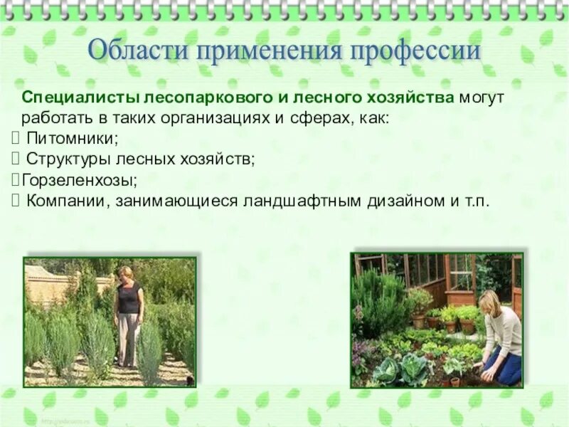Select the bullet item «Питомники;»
(x=72, y=138)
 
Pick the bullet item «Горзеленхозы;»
(x=79, y=179)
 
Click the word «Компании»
(x=67, y=201)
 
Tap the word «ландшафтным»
(x=302, y=201)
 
